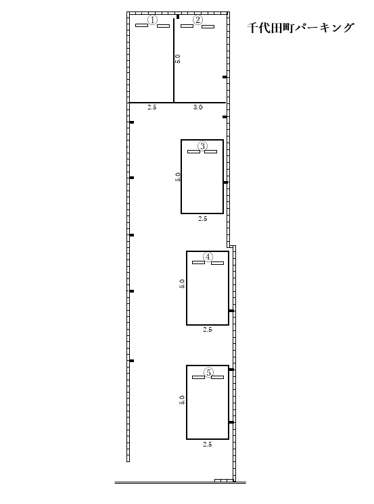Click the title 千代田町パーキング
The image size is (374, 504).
[300, 28]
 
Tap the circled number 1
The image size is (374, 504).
[152, 20]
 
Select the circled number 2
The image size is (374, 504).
[197, 20]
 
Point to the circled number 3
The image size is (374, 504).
[202, 146]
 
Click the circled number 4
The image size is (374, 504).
[208, 257]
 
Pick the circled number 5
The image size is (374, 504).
[208, 372]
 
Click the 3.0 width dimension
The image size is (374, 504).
[198, 107]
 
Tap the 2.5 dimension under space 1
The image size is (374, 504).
[152, 107]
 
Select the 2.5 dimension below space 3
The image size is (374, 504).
[202, 219]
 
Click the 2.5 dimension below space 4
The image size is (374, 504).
[208, 330]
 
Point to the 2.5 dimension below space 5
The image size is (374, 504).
[208, 445]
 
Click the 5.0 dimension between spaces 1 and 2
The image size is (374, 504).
[178, 59]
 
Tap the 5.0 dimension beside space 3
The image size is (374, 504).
[178, 177]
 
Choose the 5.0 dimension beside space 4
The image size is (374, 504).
[182, 284]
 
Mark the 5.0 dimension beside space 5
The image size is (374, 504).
[182, 399]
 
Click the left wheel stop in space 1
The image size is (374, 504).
[141, 26]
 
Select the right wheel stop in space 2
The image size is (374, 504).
[208, 26]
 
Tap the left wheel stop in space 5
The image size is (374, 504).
[198, 378]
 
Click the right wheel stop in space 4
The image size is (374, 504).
[217, 263]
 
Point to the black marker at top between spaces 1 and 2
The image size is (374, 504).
[178, 17]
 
